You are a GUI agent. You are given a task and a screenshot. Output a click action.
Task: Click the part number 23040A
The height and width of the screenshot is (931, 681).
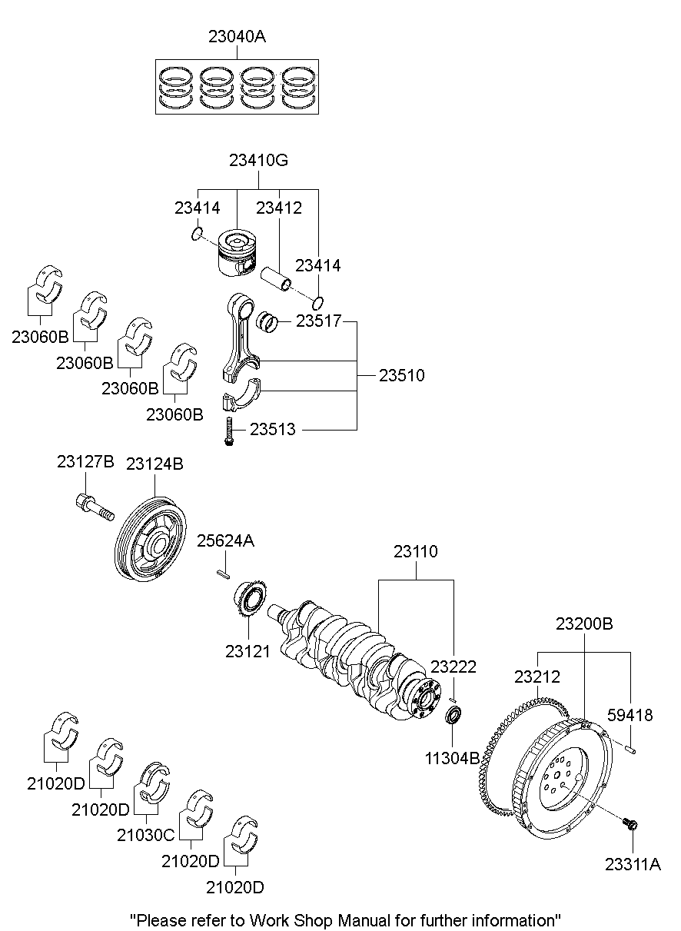point(238,35)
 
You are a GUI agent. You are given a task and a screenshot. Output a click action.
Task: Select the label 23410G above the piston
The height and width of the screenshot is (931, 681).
point(258,161)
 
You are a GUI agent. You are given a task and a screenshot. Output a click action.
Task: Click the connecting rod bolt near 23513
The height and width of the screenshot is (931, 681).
point(229,431)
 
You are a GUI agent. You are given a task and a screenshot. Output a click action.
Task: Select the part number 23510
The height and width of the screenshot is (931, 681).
point(401,376)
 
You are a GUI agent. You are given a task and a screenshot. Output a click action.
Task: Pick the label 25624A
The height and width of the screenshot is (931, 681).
point(225,540)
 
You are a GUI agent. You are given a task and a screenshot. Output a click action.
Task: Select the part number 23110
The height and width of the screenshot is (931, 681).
point(416,551)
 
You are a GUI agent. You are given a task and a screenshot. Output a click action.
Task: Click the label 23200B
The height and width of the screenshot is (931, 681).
point(584,623)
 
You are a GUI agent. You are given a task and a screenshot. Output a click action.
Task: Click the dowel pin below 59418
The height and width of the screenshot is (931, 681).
point(630,746)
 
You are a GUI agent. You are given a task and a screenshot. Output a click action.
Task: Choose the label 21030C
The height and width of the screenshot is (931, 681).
point(146,834)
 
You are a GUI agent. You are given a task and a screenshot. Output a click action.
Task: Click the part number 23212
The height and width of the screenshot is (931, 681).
point(537,677)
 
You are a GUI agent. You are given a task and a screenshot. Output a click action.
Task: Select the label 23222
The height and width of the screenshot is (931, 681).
point(453,667)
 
